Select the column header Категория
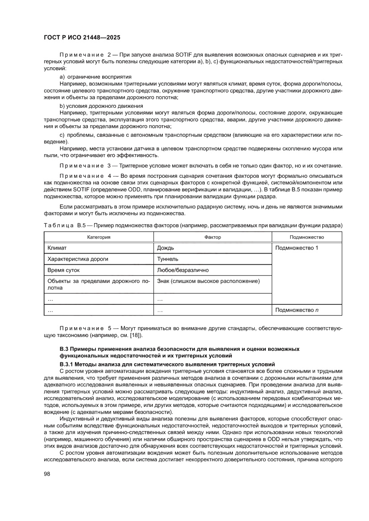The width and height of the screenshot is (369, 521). [99, 237]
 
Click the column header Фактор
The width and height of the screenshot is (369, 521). [212, 237]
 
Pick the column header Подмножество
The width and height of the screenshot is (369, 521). [307, 237]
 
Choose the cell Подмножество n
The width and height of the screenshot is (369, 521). [297, 309]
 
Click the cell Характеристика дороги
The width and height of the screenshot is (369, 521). [78, 259]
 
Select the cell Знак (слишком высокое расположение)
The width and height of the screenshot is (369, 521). [208, 281]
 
